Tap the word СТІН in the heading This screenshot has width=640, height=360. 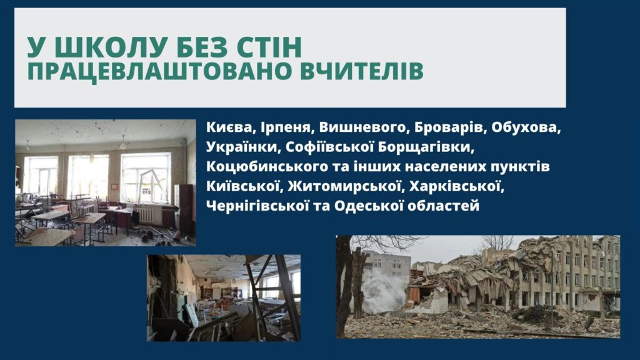tap(270, 47)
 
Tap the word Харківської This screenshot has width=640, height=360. tap(456, 186)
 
